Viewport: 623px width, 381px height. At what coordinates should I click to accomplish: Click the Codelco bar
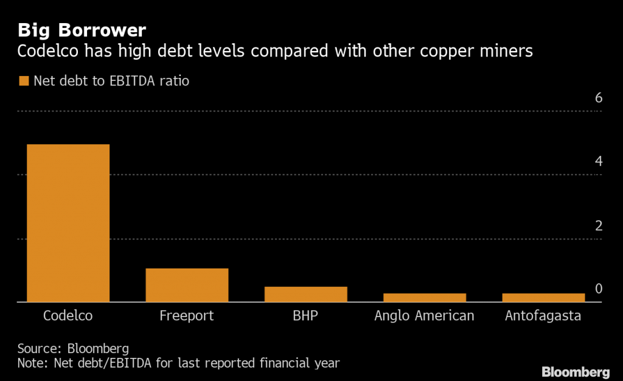pos(68,223)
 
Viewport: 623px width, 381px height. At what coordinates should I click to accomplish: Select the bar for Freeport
pos(187,285)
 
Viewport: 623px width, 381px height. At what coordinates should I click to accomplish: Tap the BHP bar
pos(305,294)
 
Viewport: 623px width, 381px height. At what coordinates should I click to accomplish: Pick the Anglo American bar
pos(424,298)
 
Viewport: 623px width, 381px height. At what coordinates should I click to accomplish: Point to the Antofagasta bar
pos(543,298)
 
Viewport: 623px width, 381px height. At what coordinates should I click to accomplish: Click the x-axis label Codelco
pos(68,316)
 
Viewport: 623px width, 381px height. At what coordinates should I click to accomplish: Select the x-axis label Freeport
pos(187,316)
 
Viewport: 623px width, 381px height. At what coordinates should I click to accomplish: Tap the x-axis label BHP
pos(305,316)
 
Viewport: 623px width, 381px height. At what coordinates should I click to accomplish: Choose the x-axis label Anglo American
pos(424,316)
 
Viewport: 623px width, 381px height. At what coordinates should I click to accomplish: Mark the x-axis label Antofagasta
pos(543,316)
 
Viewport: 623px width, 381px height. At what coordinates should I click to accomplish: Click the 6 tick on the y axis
pos(598,98)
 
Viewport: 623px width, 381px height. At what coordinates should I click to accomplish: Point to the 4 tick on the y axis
pos(598,162)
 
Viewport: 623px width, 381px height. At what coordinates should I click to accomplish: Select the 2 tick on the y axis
pos(598,226)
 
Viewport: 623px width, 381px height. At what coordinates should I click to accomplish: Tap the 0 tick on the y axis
pos(598,288)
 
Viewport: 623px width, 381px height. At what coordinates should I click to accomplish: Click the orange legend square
pos(24,81)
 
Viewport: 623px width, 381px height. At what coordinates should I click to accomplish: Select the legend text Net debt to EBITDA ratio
pos(111,81)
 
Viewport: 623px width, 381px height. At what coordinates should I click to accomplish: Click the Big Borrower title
pos(82,30)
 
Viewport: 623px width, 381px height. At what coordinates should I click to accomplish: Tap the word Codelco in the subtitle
pos(50,52)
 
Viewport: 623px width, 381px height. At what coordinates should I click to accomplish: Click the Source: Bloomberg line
pos(73,349)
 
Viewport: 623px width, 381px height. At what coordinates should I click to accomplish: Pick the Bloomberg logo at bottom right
pos(576,371)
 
